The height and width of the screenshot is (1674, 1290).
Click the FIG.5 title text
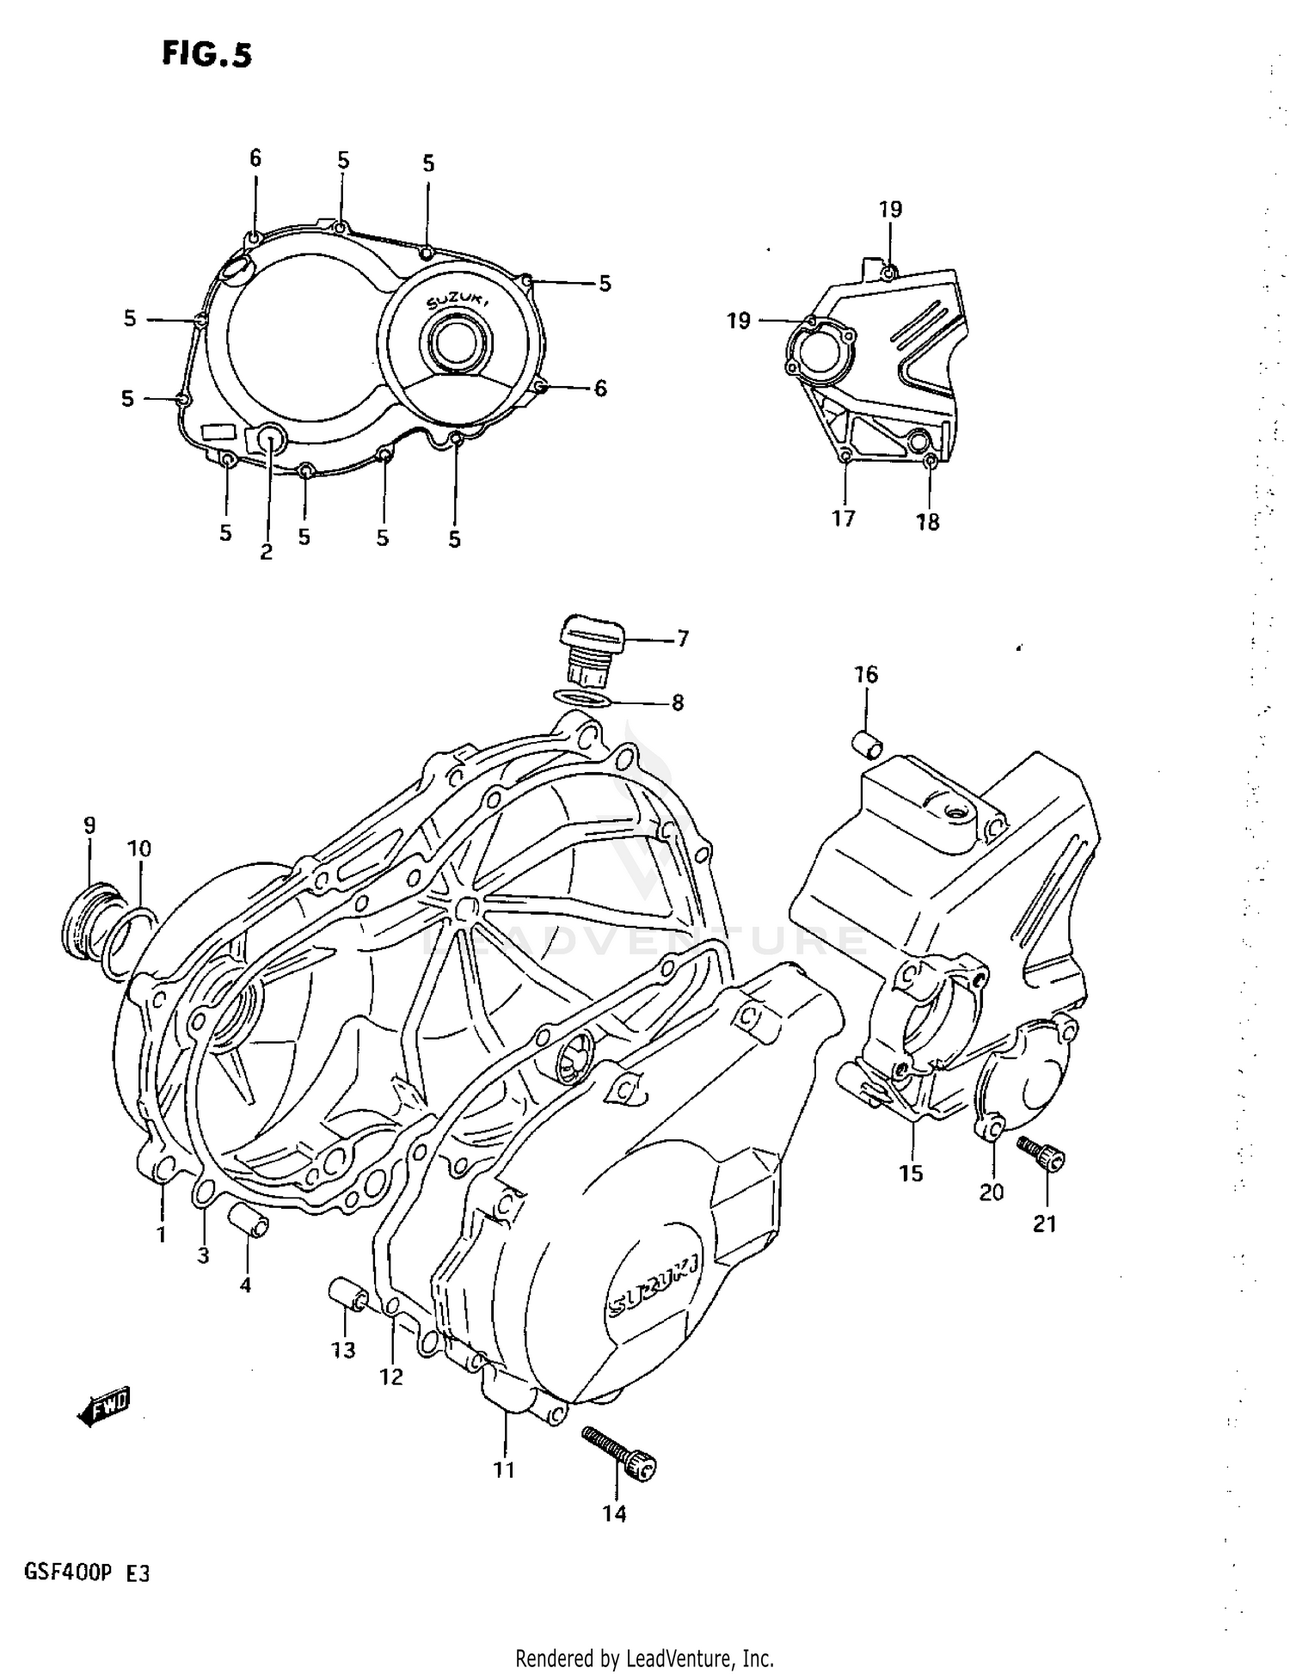[207, 54]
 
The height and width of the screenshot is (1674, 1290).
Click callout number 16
[866, 675]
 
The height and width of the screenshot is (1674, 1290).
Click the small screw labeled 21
[1041, 1154]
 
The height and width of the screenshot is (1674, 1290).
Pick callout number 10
[138, 849]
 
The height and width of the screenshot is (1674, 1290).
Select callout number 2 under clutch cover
[266, 552]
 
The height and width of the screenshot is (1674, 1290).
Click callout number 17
[844, 518]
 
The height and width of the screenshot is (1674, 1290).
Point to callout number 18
[927, 522]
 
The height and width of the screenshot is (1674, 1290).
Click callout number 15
[911, 1173]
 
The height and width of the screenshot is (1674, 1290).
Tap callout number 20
[992, 1192]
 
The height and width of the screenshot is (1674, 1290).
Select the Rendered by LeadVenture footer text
[644, 1659]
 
